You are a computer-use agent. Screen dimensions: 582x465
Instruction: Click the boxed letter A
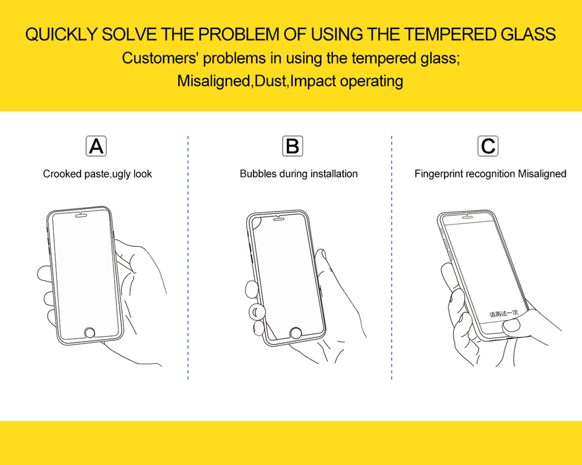click(x=96, y=146)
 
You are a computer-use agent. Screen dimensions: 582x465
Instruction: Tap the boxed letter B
click(x=293, y=146)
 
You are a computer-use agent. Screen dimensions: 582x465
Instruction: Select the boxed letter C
click(x=488, y=146)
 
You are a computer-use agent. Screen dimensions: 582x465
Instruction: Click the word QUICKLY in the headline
click(x=61, y=35)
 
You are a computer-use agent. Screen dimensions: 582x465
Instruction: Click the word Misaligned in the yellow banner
click(x=214, y=81)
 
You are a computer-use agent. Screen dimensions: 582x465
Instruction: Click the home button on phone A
click(x=89, y=332)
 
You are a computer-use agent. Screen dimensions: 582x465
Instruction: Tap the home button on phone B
click(x=296, y=333)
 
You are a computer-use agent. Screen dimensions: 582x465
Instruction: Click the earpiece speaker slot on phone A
click(x=81, y=215)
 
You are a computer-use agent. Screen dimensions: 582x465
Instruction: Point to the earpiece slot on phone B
click(x=279, y=219)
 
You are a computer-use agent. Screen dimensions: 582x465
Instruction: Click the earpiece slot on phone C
click(x=467, y=217)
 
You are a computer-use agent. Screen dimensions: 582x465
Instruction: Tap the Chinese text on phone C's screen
click(x=503, y=314)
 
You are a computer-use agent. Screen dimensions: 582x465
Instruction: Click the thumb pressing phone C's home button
click(x=511, y=326)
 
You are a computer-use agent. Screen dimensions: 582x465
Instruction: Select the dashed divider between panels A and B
click(x=188, y=257)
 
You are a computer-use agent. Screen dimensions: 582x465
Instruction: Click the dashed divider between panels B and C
click(x=392, y=257)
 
